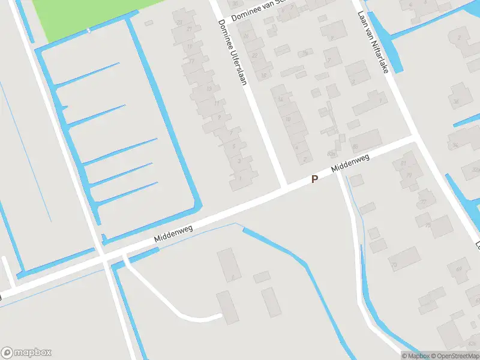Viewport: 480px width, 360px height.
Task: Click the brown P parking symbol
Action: (314, 179)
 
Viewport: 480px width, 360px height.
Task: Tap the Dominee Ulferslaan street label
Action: (232, 52)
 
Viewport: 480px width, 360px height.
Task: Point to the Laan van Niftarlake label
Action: (373, 42)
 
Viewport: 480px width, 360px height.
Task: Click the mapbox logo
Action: (26, 353)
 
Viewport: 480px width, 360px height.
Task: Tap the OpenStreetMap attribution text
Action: (454, 356)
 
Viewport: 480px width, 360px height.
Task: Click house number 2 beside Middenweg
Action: (305, 159)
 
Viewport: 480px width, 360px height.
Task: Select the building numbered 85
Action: (355, 146)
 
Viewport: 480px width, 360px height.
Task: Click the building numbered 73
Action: (394, 265)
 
